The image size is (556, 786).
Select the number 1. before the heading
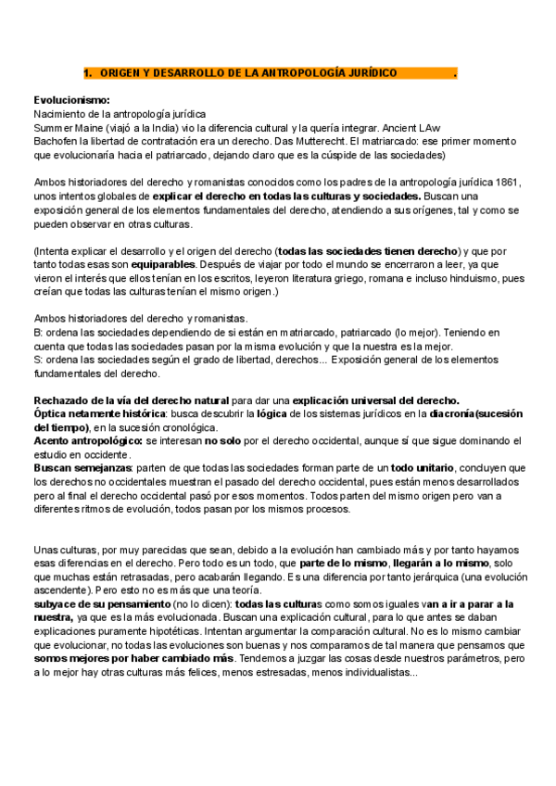tap(88, 72)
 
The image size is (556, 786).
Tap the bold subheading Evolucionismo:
tap(71, 99)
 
